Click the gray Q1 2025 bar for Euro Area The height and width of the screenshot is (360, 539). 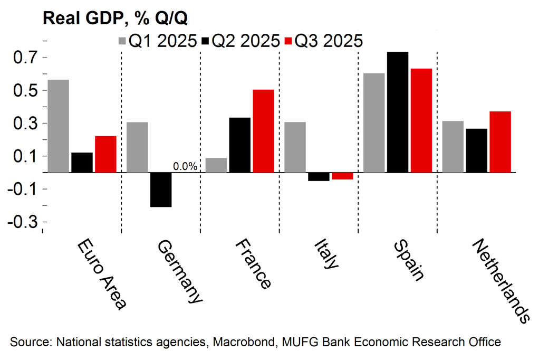(x=58, y=126)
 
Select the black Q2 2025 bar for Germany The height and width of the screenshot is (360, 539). (x=160, y=190)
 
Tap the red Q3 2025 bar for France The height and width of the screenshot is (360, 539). (x=263, y=131)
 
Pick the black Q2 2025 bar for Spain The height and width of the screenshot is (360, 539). (x=398, y=112)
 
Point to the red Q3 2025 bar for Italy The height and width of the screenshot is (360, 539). (x=342, y=176)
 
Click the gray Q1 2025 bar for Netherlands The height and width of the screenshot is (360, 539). (x=453, y=146)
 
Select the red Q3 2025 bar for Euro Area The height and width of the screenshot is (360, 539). (x=105, y=154)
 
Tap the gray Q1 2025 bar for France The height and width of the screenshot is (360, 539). (x=216, y=165)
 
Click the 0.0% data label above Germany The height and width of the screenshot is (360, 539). (x=185, y=167)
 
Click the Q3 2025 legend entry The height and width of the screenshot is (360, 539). (x=323, y=41)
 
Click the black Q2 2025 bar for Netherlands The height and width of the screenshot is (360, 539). (x=477, y=150)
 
